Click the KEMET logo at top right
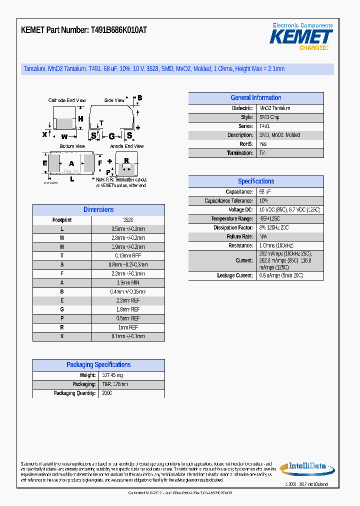tap(301, 37)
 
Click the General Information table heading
tap(255, 98)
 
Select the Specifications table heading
tap(255, 181)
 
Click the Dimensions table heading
tap(98, 210)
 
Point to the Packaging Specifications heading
tap(98, 365)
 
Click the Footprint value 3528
tap(128, 220)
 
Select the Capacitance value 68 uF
tap(265, 192)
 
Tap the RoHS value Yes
tap(263, 144)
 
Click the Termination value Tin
tap(262, 153)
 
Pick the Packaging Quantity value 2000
tap(106, 393)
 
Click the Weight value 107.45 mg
tap(112, 375)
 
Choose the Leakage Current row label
tap(235, 276)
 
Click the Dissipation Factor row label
tap(233, 228)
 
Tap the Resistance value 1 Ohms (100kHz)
tap(276, 246)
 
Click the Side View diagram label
tap(114, 100)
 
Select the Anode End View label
tap(127, 146)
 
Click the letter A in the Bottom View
tap(71, 163)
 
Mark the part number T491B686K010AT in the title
tap(118, 30)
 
